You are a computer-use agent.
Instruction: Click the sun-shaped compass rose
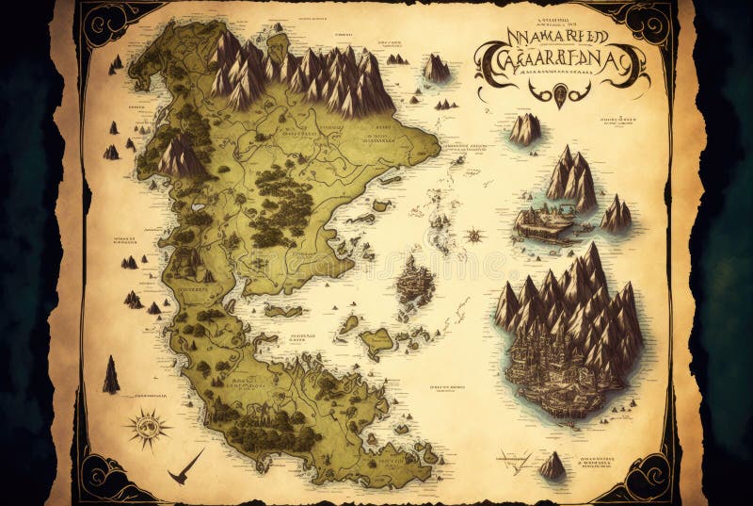(149, 426)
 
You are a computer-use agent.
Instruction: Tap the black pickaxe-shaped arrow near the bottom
(185, 465)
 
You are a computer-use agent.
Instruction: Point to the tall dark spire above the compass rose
(111, 374)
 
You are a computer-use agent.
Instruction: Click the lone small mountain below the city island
(553, 465)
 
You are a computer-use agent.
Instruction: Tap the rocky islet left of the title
(436, 68)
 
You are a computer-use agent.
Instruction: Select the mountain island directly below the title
(525, 129)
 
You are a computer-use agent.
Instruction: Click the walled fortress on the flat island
(542, 223)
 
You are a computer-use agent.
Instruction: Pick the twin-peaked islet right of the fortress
(616, 215)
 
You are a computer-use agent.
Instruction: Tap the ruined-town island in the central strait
(414, 283)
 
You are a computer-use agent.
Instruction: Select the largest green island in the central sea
(376, 342)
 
